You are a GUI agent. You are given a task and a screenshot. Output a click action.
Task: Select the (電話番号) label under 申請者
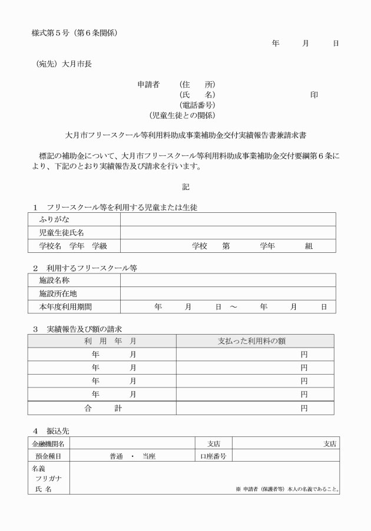point(197,105)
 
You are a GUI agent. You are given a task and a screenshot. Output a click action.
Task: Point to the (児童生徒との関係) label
point(182,115)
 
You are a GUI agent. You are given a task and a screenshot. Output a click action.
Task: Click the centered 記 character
point(185,186)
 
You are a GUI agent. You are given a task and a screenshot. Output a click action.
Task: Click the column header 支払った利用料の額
point(254,341)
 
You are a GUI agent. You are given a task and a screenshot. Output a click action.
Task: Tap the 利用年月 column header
point(102,341)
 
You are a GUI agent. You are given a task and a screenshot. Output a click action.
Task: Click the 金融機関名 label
point(49,443)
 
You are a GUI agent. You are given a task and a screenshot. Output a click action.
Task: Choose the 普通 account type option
point(116,456)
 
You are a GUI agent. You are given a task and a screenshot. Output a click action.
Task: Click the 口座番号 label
point(213,456)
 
